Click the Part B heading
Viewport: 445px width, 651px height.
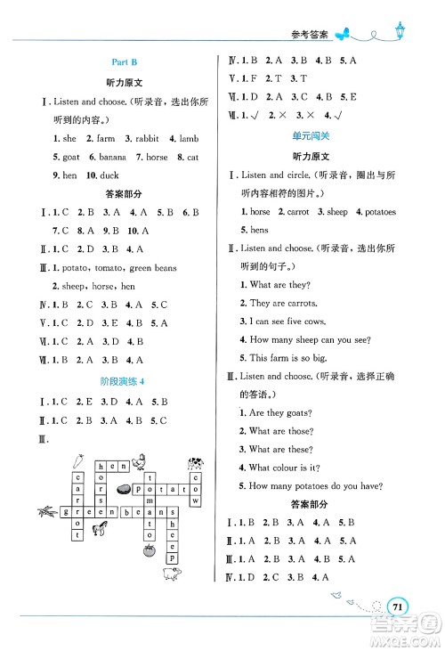122,62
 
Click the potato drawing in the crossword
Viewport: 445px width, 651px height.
124,489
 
